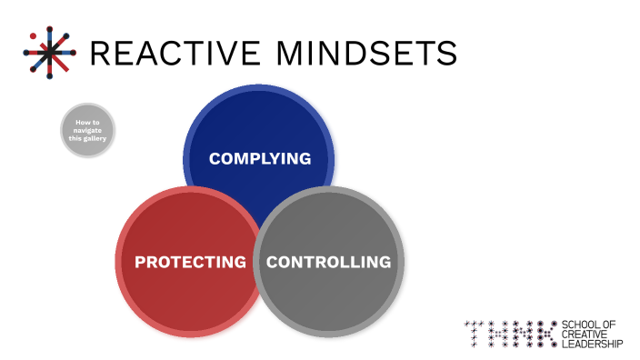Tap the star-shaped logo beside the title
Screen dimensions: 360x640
pos(51,51)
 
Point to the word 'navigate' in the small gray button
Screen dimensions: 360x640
pos(88,131)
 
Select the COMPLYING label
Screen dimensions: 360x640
pos(259,158)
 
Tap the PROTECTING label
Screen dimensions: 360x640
pos(190,262)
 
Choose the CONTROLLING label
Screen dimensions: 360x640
pos(328,262)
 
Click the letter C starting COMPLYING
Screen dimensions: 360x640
pos(215,158)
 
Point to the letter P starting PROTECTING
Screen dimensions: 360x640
pos(141,262)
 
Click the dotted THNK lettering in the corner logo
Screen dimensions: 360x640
pos(511,334)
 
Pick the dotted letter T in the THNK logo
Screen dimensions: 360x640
pos(474,334)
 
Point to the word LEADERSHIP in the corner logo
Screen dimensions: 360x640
pos(593,344)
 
